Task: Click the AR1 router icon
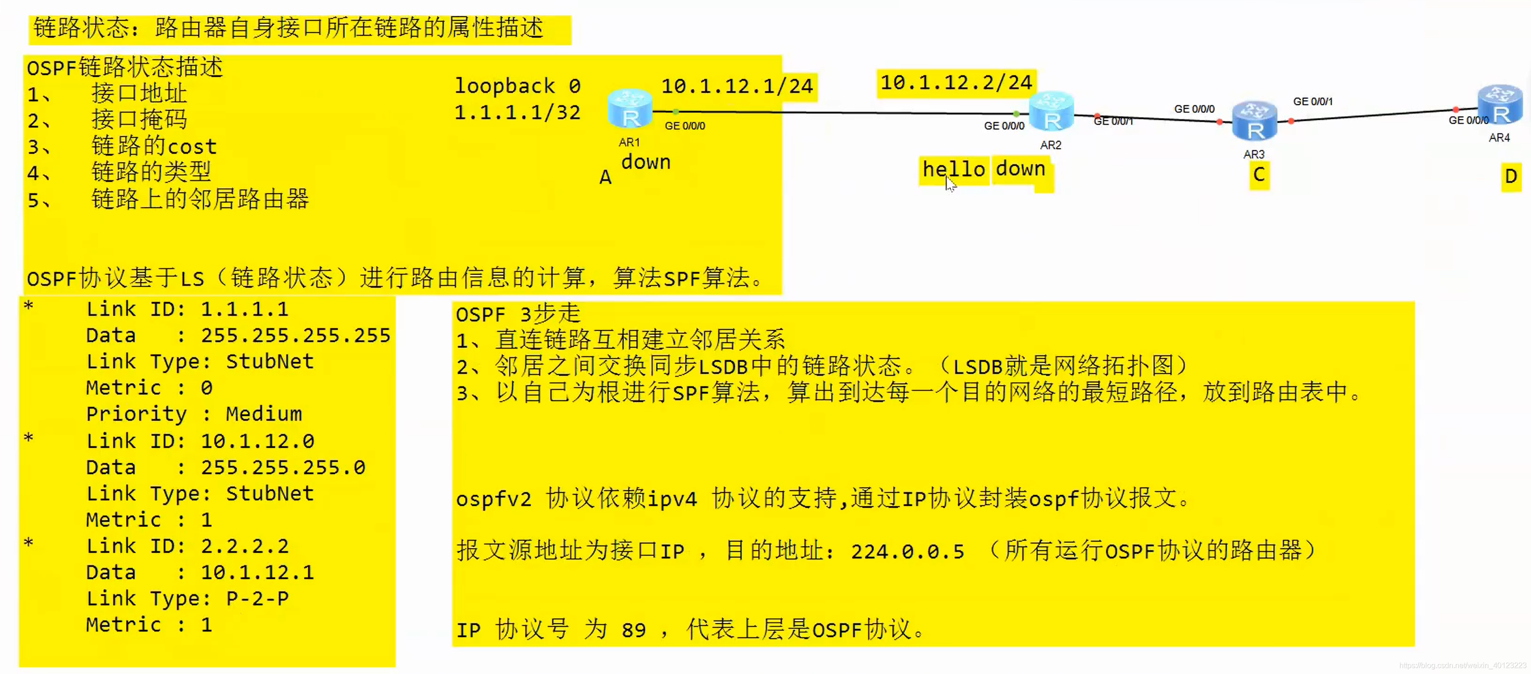[x=630, y=109]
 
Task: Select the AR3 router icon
[x=1254, y=121]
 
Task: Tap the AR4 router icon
[x=1500, y=104]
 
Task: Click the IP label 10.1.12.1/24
[x=737, y=87]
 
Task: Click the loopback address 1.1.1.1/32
[x=517, y=112]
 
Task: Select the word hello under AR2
[x=954, y=170]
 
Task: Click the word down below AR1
[x=646, y=162]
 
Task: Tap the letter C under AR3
[x=1259, y=175]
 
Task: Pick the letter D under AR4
[x=1510, y=177]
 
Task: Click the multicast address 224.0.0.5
[x=907, y=552]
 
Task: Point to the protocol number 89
[x=634, y=630]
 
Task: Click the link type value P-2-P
[x=257, y=599]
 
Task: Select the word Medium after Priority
[x=264, y=414]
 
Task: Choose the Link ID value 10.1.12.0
[x=257, y=442]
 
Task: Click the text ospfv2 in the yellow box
[x=493, y=499]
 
